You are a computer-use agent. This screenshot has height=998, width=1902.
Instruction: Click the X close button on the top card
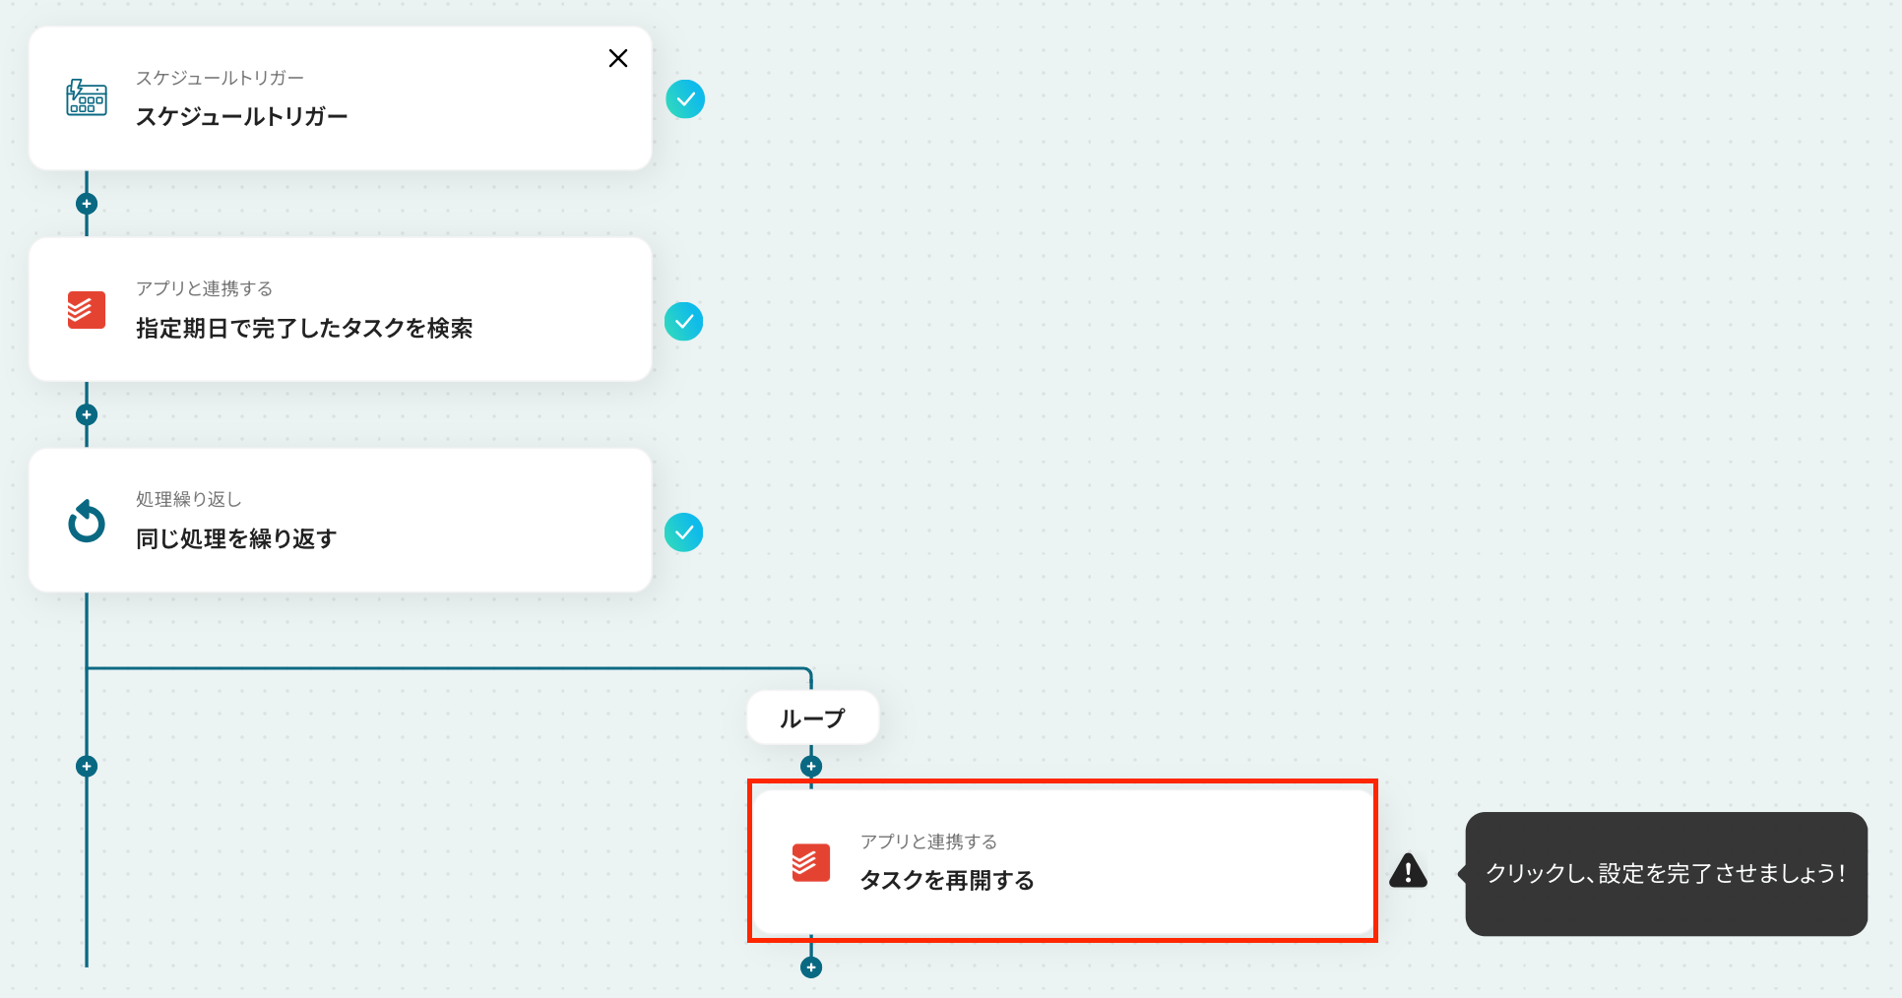coord(618,58)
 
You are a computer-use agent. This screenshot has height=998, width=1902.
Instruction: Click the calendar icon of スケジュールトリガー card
coord(87,98)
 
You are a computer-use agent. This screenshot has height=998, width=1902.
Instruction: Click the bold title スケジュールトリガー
coord(241,116)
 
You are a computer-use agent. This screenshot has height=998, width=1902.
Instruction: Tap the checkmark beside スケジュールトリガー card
coord(685,99)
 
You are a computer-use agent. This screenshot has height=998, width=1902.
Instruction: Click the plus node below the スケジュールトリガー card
coord(87,204)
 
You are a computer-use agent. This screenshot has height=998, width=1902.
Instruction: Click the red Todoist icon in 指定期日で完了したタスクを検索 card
coord(87,310)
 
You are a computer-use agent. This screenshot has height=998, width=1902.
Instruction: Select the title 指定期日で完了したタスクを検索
coord(304,328)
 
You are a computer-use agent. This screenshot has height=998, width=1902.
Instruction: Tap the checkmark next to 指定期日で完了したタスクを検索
coord(684,322)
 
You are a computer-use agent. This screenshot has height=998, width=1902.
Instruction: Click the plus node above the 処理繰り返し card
coord(87,414)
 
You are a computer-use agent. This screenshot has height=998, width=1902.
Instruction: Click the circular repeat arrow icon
coord(87,521)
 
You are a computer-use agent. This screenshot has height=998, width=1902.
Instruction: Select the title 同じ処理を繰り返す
coord(236,538)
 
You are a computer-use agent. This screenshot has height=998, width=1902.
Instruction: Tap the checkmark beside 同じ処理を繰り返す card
coord(684,532)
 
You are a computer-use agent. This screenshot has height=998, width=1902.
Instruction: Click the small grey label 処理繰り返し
coord(189,499)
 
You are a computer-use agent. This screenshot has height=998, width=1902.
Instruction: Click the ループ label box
coord(812,718)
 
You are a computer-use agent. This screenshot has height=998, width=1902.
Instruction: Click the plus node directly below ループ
coord(811,766)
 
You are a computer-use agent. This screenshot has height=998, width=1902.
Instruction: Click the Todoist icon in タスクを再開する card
coord(811,862)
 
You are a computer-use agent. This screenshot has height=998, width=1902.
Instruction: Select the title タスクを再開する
coord(947,880)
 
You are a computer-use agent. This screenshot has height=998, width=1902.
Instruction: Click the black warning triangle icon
coord(1408,871)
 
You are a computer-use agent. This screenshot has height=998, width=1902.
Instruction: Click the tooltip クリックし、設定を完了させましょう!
coord(1666,873)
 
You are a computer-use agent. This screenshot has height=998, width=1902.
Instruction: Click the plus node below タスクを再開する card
coord(811,967)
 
